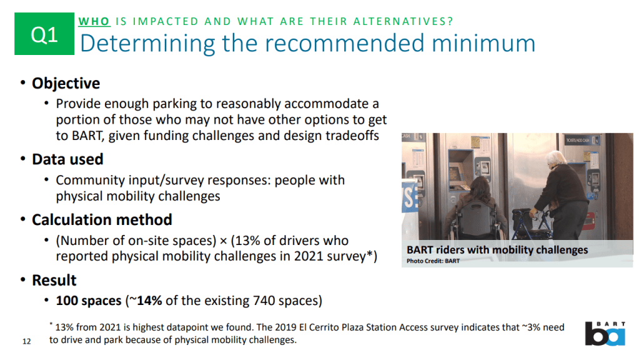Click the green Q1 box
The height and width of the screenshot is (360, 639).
[x=44, y=34]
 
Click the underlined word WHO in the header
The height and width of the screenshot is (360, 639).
[x=94, y=21]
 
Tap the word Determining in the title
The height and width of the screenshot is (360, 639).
[x=147, y=44]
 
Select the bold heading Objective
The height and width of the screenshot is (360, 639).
[x=66, y=83]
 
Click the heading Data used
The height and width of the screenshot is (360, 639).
[x=67, y=159]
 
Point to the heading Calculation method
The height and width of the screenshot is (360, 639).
[x=102, y=220]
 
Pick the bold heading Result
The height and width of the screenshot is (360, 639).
[x=54, y=280]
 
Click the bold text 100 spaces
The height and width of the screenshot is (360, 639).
[x=89, y=301]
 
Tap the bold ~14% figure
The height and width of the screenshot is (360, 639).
[x=146, y=301]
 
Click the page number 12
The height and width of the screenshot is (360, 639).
[x=26, y=341]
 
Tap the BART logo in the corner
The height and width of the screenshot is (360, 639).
[x=605, y=334]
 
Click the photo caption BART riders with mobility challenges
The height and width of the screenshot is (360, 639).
[x=497, y=249]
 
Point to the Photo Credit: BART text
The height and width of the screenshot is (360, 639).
[x=433, y=261]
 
